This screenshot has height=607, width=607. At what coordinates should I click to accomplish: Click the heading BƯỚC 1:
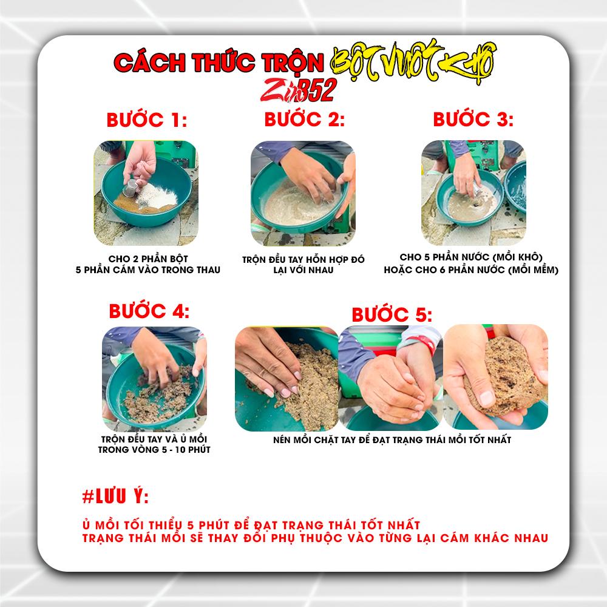tap(147, 120)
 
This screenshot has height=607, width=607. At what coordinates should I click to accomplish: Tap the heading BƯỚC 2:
tap(304, 119)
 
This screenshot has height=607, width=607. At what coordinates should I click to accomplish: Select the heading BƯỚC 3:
tap(473, 119)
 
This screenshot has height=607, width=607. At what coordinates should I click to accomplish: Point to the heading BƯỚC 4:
tap(149, 311)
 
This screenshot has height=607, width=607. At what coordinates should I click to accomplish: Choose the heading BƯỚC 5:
tap(392, 314)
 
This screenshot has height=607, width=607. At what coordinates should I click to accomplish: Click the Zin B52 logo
tap(299, 90)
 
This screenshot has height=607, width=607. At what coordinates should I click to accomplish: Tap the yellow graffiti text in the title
tap(413, 61)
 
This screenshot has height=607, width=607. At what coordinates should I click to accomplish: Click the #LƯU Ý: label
tap(115, 497)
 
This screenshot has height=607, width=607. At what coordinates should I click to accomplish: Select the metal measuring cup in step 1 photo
tap(131, 188)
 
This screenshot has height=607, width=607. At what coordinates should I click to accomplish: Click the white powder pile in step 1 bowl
tap(157, 196)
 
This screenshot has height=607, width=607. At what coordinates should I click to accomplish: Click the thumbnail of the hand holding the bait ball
tap(495, 377)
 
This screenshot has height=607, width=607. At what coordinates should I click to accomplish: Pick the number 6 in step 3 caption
tap(442, 270)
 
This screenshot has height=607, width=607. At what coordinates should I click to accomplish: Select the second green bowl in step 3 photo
tap(517, 187)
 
